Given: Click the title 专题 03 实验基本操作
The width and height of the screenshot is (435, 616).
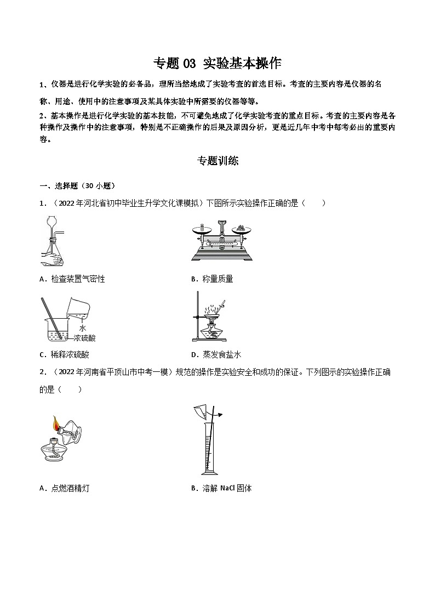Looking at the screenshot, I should click(x=217, y=63).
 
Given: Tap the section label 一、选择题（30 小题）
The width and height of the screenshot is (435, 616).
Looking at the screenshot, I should click(x=77, y=185).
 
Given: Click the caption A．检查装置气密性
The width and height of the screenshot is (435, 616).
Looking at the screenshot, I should click(x=72, y=279).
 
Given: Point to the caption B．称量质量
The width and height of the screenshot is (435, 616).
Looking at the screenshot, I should click(x=212, y=279).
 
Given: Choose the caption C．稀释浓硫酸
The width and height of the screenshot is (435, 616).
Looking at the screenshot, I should click(x=65, y=354).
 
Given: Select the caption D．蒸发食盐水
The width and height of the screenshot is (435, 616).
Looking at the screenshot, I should click(x=213, y=354).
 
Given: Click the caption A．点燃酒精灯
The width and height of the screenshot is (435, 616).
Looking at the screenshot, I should click(x=65, y=488).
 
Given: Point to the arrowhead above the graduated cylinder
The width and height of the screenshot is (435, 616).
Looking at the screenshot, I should click(x=220, y=415).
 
